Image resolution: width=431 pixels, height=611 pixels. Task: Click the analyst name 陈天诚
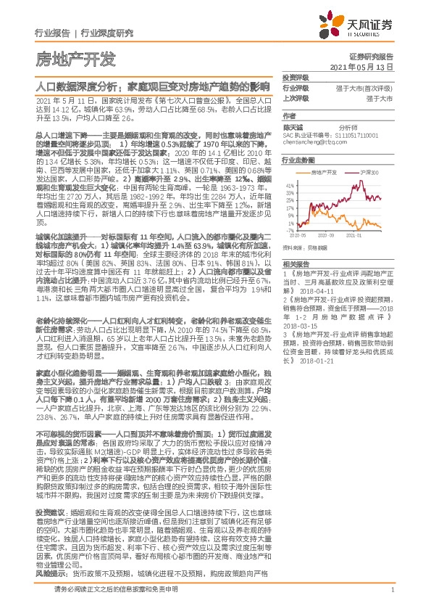pyautogui.click(x=293, y=126)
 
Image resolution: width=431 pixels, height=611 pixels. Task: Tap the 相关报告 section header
pyautogui.click(x=295, y=263)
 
